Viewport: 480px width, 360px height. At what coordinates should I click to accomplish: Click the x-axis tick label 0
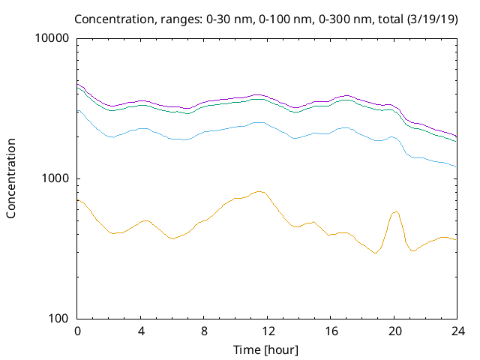point(77,331)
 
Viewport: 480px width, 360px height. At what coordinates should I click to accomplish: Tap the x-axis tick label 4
point(141,331)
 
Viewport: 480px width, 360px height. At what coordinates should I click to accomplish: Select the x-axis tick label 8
point(204,331)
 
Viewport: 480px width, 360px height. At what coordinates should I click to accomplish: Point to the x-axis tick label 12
point(268,331)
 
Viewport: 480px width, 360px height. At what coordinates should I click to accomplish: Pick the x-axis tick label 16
point(331,331)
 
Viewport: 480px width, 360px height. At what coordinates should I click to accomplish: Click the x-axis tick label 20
point(394,331)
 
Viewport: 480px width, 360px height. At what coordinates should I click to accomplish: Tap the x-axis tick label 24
point(458,331)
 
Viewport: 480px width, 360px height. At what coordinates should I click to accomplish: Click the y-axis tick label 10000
point(52,38)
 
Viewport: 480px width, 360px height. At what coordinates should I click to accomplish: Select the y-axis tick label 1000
point(55,178)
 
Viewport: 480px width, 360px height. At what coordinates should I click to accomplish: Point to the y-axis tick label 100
point(58,318)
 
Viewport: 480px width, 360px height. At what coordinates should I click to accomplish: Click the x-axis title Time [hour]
point(265,350)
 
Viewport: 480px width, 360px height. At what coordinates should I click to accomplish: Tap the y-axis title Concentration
point(11,178)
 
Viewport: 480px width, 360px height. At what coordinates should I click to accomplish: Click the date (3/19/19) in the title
point(432,19)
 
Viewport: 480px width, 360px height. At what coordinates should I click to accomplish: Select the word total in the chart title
point(390,19)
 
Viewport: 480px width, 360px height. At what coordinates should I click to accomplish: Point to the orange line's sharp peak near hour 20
point(397,211)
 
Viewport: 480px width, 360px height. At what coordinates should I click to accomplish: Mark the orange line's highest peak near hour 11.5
point(259,192)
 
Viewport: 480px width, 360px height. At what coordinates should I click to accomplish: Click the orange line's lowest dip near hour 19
point(376,253)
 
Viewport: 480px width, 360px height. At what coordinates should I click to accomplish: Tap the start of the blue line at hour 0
point(77,110)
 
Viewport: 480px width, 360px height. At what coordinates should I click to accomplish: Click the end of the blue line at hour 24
point(457,166)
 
